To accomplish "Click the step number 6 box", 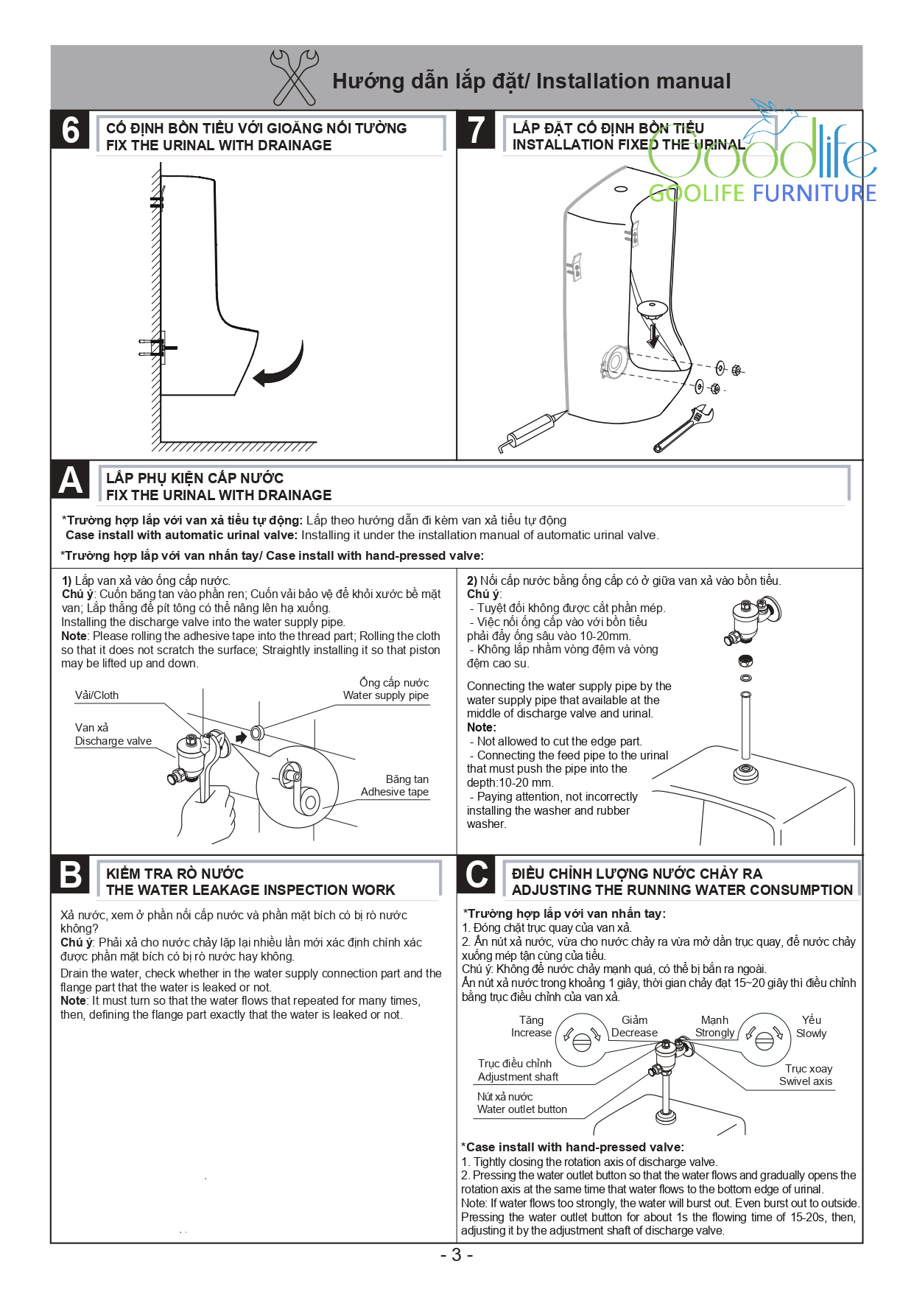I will [x=71, y=130].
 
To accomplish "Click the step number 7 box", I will [x=477, y=130].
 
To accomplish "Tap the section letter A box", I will [x=71, y=480].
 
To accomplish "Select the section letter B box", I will [x=71, y=875].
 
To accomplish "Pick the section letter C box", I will [x=477, y=875].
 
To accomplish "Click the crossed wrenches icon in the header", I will [x=295, y=77].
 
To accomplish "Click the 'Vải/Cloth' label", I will [x=96, y=695].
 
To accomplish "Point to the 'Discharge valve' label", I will [x=113, y=741].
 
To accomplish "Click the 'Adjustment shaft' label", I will [x=518, y=1077].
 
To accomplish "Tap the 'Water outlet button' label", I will [x=521, y=1109].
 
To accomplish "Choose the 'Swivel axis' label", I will [x=806, y=1081].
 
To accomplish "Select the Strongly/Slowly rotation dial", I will [x=764, y=1039].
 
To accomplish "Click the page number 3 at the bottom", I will [x=457, y=1255].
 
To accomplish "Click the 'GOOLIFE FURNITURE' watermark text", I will [x=762, y=193].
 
